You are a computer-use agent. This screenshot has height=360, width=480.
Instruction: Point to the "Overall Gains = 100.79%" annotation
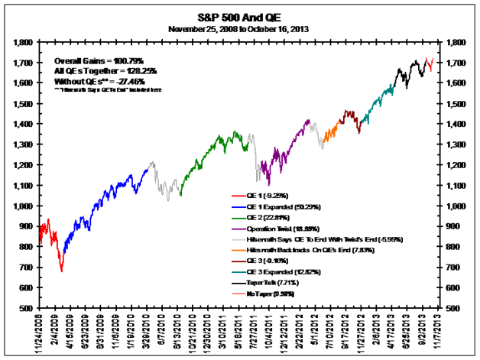pos(99,60)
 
